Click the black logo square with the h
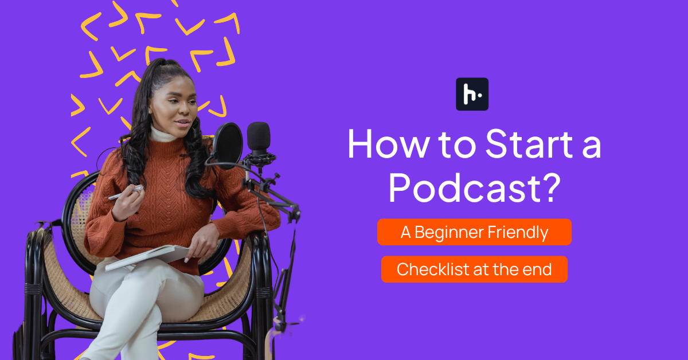coord(472,94)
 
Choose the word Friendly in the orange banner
coord(520,232)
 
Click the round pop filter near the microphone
coord(228,144)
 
